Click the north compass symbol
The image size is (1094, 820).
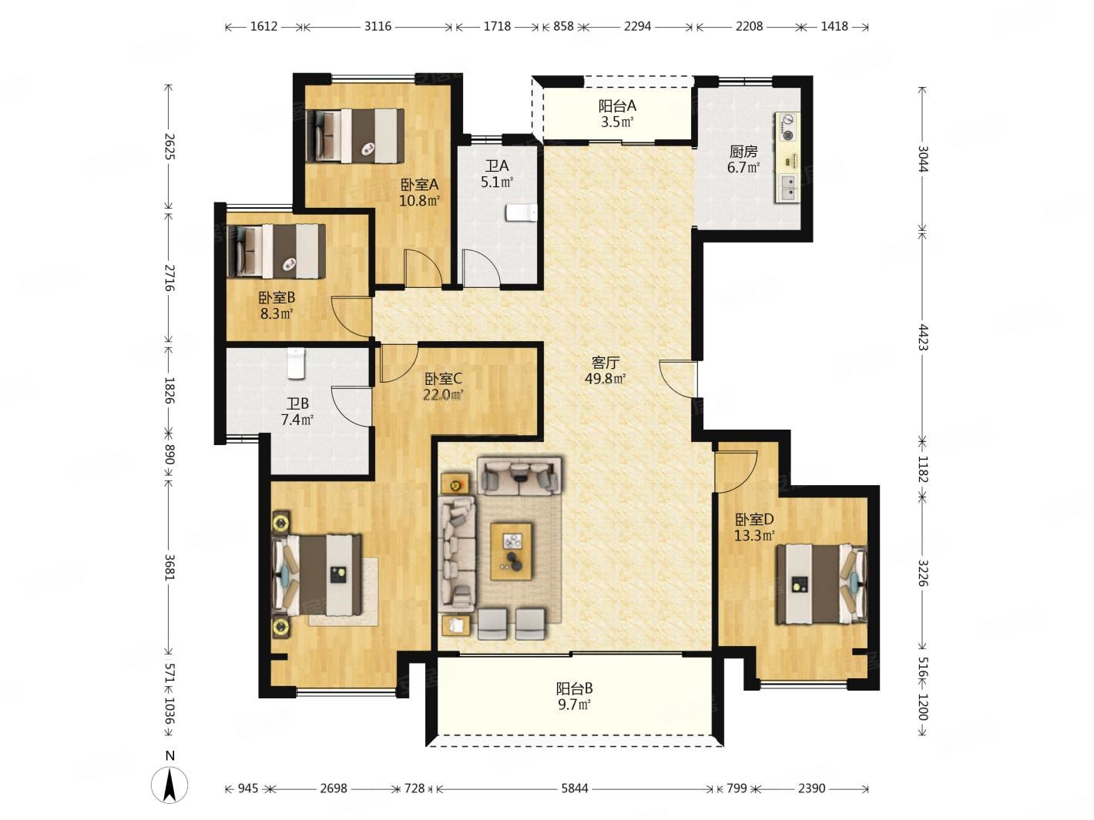point(170,785)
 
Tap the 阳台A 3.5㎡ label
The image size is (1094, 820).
point(617,113)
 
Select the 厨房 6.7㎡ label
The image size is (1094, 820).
point(743,159)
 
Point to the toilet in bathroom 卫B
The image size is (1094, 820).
point(296,363)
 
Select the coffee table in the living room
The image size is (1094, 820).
point(511,551)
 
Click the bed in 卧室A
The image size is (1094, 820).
point(355,136)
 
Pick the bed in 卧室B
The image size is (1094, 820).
point(276,251)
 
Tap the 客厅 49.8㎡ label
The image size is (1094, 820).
point(605,370)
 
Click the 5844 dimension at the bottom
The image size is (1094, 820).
point(575,788)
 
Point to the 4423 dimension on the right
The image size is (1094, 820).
point(923,337)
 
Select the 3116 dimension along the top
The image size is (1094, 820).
point(378,26)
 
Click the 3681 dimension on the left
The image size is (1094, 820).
point(169,567)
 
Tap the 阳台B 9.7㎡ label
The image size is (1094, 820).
point(574,696)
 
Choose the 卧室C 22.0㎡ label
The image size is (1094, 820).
point(443,387)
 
